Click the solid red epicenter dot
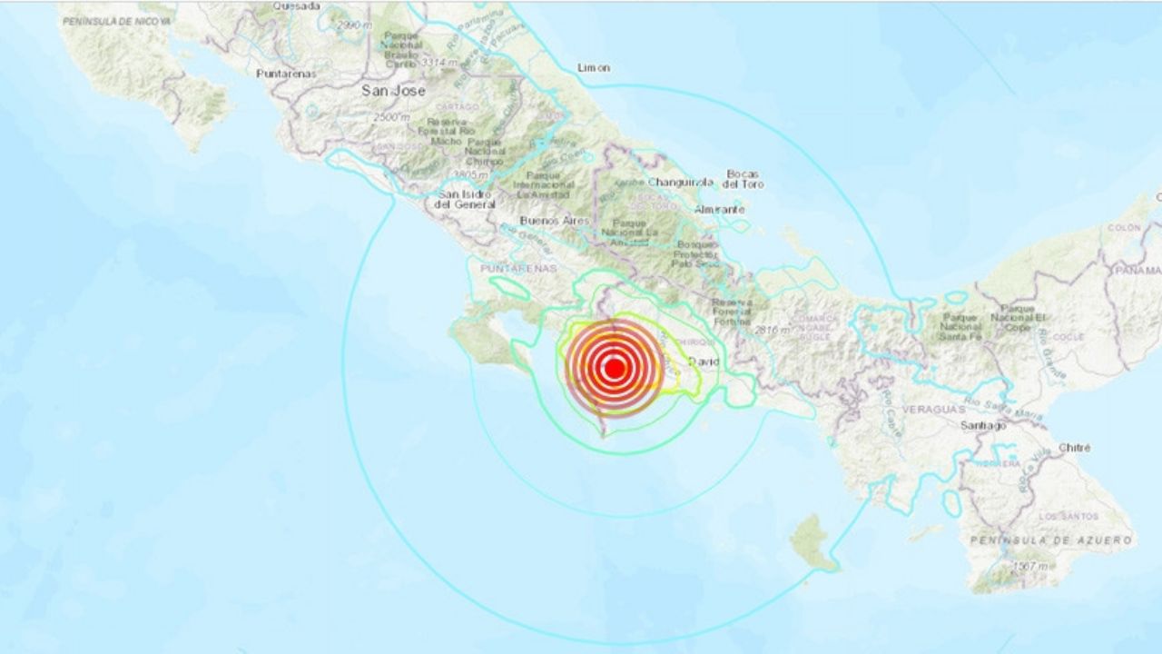[x=614, y=368]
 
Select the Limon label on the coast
[x=594, y=67]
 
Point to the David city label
[x=704, y=362]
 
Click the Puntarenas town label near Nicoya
[x=286, y=73]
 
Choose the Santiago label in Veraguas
[x=984, y=425]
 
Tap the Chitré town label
[x=1075, y=448]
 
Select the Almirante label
[x=719, y=209]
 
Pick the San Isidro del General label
[x=464, y=199]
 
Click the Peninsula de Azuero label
[x=1050, y=540]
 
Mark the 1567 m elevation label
[x=1028, y=567]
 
